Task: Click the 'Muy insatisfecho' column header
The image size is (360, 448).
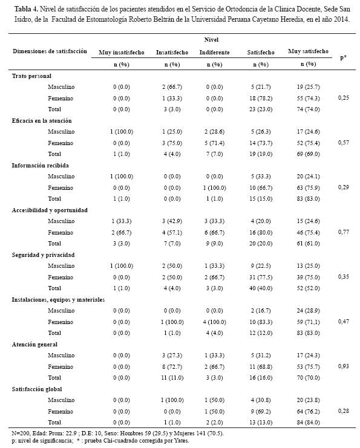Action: pos(122,53)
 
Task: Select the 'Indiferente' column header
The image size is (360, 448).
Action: pos(214,53)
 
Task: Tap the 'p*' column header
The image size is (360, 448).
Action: pos(343,57)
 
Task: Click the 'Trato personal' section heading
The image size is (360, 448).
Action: pos(31,76)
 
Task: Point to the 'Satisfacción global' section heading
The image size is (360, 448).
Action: pos(37,389)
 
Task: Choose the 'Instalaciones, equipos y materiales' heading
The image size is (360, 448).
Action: pos(58,300)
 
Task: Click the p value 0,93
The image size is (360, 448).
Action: pos(344,366)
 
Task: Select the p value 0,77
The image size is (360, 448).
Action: pos(344,232)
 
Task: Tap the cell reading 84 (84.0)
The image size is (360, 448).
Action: pos(308,422)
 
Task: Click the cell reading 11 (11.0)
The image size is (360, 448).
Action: pos(172,378)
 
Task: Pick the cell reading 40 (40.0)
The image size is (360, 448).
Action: pos(261,288)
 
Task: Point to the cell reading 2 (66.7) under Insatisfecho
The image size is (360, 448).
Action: pos(172,87)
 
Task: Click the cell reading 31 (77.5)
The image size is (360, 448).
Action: pos(261,277)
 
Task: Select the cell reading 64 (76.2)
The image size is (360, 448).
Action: pos(308,412)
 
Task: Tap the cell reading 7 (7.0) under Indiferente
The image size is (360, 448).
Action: pos(214,154)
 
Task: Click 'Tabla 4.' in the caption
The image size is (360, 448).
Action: pos(26,9)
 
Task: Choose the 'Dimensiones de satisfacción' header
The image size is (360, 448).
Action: pos(50,51)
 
